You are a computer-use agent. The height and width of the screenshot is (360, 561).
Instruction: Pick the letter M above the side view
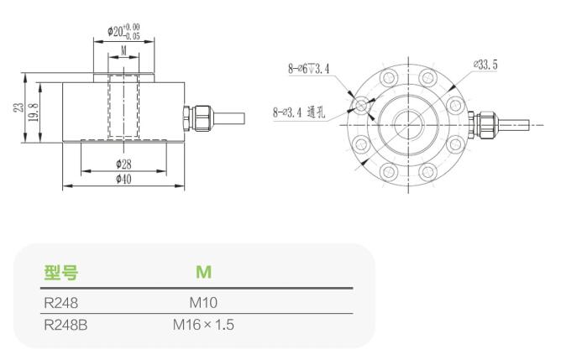pyautogui.click(x=123, y=50)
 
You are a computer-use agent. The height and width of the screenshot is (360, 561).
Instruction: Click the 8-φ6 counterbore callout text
pyautogui.click(x=308, y=66)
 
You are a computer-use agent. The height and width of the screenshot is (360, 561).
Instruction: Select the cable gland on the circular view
pyautogui.click(x=485, y=124)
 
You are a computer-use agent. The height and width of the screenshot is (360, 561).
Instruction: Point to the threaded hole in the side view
pyautogui.click(x=123, y=107)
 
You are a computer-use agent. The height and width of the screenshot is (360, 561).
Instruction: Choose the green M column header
pyautogui.click(x=203, y=273)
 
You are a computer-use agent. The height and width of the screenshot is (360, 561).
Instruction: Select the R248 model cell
pyautogui.click(x=60, y=301)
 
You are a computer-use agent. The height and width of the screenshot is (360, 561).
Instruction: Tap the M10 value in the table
pyautogui.click(x=203, y=301)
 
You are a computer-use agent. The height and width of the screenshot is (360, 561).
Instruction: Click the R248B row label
pyautogui.click(x=65, y=324)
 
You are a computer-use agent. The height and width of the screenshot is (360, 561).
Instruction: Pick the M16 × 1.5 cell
pyautogui.click(x=203, y=324)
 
